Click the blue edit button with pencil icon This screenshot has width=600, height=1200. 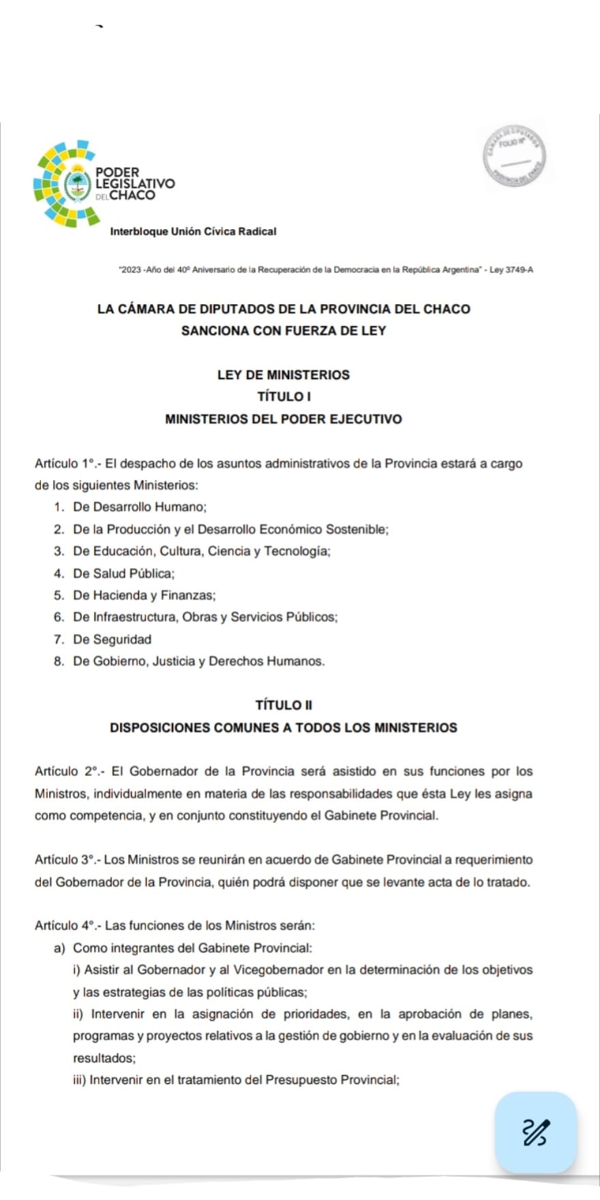coord(536,1132)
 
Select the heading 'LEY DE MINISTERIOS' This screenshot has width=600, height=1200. coord(283,374)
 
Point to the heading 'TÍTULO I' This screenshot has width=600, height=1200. coord(284,396)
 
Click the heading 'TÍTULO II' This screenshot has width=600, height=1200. coord(284,705)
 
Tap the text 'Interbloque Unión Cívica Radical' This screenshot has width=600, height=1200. coord(193,231)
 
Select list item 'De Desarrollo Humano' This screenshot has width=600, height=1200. coord(140,507)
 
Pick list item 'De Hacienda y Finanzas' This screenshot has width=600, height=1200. coord(145,595)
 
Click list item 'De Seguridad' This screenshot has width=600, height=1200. coord(112,640)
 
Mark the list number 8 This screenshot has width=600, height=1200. coord(58,661)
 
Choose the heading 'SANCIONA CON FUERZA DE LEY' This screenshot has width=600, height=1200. coord(284,331)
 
